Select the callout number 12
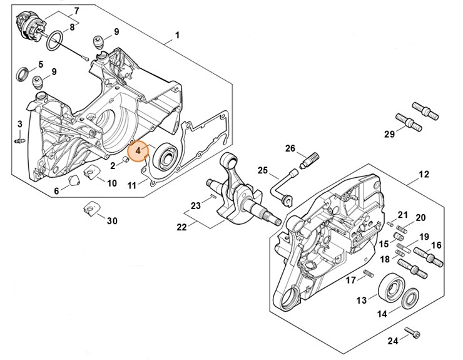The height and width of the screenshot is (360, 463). (424, 174)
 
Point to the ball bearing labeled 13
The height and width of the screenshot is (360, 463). (390, 287)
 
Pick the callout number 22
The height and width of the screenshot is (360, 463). (181, 227)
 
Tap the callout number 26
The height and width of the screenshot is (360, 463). (290, 148)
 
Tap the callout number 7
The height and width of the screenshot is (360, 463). (76, 11)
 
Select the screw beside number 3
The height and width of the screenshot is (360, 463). (19, 138)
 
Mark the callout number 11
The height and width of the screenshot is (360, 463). (133, 185)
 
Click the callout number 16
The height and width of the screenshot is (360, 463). (436, 245)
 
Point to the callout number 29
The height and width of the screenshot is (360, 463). (389, 135)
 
